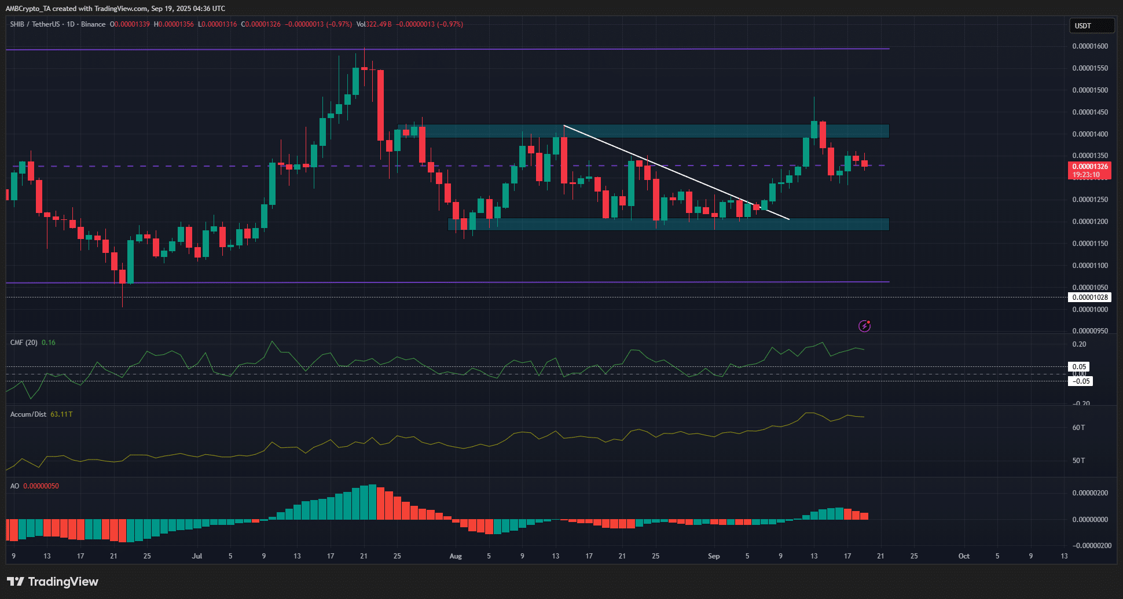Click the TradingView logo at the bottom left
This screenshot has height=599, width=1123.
pos(53,582)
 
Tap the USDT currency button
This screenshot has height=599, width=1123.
pos(1091,25)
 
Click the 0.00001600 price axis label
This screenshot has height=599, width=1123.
pos(1090,46)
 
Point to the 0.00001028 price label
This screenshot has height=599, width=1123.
pos(1089,297)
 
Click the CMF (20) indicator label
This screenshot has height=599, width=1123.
pos(24,343)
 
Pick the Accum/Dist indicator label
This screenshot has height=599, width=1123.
pos(28,414)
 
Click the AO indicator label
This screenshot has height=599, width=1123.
pos(14,486)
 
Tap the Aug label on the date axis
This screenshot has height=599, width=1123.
pos(456,556)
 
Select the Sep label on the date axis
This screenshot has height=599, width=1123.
pos(714,556)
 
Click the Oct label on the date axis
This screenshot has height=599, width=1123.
pos(964,556)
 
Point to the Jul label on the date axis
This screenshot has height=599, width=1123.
pos(197,556)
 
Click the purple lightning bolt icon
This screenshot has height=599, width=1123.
pos(864,326)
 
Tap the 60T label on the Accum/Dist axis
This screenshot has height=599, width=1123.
pos(1078,428)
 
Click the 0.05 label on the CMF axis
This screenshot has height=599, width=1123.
pos(1079,367)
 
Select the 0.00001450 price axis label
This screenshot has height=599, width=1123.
pos(1090,112)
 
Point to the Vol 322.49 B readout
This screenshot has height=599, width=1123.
pos(374,24)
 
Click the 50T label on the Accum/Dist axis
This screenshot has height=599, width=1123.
pos(1078,461)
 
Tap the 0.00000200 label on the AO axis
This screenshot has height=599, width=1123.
pos(1090,493)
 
